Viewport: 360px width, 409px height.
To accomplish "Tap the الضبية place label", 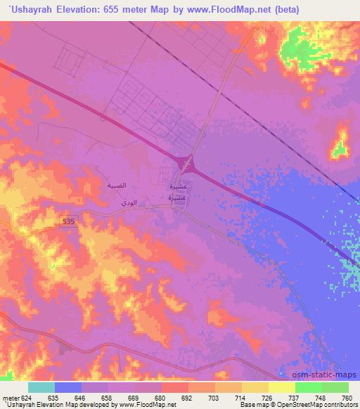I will tap(116, 186).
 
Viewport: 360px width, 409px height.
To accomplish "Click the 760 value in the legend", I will tap(345, 397).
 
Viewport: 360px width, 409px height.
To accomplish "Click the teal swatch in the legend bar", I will tap(41, 387).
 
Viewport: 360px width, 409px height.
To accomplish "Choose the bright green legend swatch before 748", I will tap(308, 387).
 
